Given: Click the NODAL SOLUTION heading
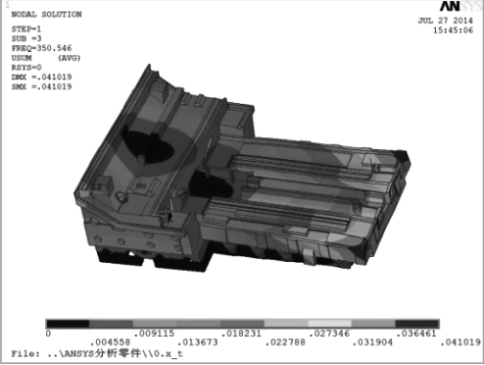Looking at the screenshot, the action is (x=46, y=15).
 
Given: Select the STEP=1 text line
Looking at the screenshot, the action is (x=26, y=29).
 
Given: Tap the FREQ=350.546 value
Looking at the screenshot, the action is (x=41, y=48).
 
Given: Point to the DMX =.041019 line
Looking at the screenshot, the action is (x=41, y=78).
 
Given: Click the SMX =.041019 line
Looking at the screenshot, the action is (x=41, y=87).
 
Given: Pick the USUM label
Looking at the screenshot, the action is (x=22, y=58).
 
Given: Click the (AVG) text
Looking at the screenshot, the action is (x=69, y=58).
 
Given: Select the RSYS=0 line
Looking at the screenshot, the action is (x=26, y=68).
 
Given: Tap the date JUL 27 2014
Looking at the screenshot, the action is (x=445, y=21).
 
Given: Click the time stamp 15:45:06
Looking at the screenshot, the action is (x=453, y=30).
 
